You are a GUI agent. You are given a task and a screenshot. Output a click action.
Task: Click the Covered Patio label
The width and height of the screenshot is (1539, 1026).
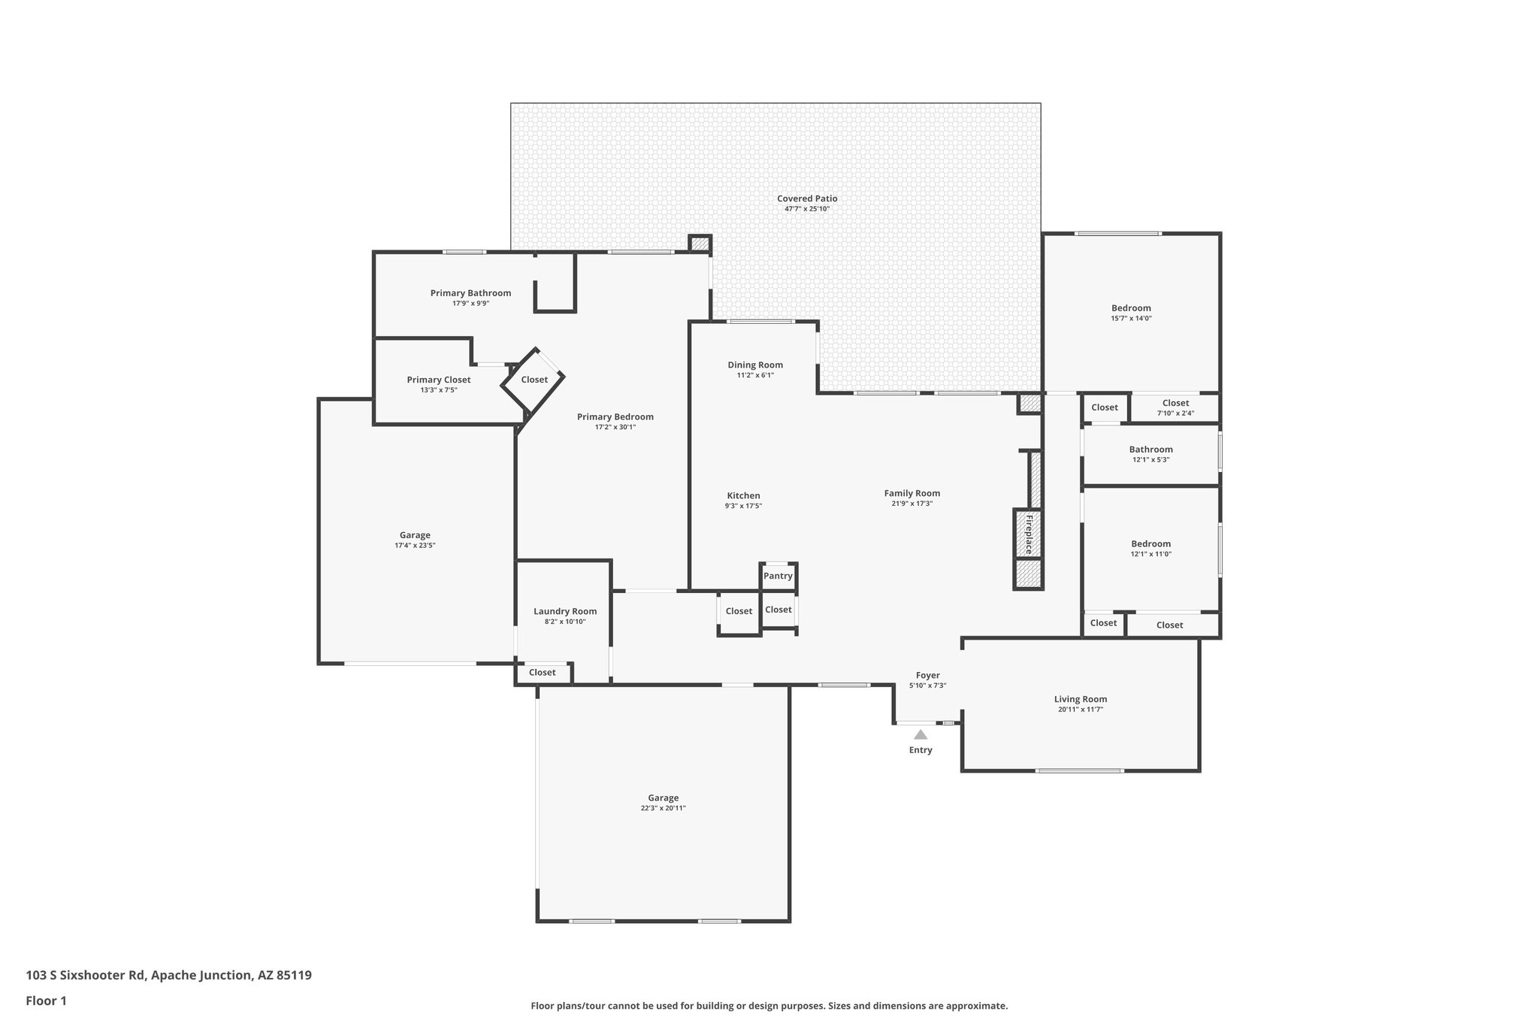click(807, 198)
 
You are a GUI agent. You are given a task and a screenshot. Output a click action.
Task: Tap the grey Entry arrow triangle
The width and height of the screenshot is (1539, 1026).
click(921, 734)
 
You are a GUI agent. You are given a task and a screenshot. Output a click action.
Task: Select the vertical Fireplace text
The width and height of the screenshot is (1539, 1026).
click(1029, 534)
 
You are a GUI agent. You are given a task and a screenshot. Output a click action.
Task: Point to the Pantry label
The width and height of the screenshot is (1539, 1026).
click(778, 576)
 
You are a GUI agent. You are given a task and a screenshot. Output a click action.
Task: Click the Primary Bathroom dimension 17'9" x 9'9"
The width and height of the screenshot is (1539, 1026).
click(470, 304)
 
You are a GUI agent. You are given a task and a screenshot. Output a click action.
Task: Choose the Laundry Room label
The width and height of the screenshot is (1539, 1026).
click(565, 611)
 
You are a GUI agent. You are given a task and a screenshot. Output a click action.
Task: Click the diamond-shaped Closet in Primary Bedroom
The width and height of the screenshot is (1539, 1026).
click(534, 380)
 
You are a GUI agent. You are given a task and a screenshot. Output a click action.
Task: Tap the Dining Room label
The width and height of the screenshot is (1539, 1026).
click(755, 365)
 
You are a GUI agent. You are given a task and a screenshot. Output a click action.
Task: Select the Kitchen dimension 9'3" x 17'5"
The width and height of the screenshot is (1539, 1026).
click(743, 506)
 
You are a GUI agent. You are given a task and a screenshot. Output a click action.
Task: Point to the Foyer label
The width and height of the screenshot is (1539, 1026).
click(927, 675)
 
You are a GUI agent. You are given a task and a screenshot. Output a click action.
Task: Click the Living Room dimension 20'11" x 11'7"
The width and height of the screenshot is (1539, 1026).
click(1080, 709)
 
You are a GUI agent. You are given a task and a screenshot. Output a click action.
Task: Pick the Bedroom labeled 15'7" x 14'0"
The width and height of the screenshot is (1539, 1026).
click(1131, 307)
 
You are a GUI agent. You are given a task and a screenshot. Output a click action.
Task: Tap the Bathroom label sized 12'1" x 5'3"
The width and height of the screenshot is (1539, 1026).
click(1150, 449)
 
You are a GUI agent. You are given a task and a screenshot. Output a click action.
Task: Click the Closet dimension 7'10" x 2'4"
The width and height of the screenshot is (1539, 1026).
click(1176, 413)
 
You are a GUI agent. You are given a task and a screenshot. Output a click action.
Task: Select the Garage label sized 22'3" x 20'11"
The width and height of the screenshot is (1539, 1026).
click(663, 797)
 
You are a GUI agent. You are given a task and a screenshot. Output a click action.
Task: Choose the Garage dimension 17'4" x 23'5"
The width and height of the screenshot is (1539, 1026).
click(415, 545)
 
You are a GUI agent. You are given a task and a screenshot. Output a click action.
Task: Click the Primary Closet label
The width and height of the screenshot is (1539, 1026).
click(439, 380)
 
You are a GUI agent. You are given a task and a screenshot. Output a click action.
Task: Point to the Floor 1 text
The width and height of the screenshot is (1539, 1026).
click(46, 1000)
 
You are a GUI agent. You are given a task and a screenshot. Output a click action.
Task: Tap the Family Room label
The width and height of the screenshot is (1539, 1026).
click(912, 493)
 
